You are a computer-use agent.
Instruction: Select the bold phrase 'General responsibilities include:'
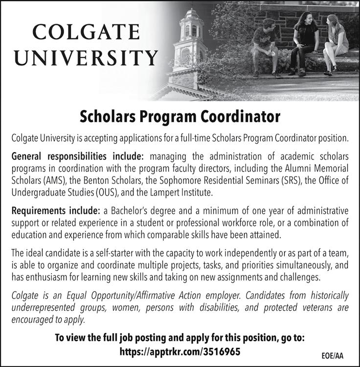click(77, 157)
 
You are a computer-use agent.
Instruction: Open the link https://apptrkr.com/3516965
click(180, 351)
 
